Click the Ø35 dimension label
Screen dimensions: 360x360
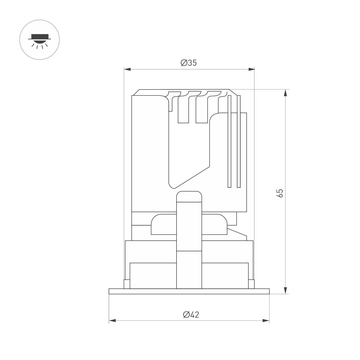click(189, 63)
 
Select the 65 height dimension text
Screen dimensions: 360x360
click(280, 193)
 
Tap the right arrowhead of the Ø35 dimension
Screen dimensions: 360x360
click(251, 70)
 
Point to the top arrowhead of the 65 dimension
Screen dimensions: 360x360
click(285, 93)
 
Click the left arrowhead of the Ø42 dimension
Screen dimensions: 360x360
click(112, 321)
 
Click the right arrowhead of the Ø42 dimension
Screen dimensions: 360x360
click(266, 321)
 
